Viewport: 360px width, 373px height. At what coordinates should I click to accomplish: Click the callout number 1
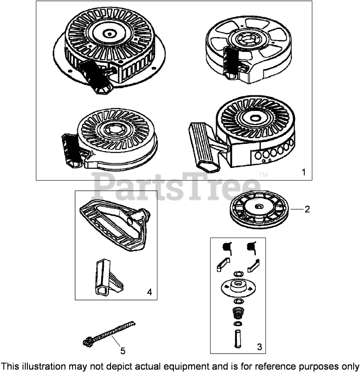(x=303, y=172)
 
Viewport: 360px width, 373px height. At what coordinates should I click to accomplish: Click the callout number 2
(x=307, y=209)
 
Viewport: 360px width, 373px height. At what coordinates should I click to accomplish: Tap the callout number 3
(x=260, y=347)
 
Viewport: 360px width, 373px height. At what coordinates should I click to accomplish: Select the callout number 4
(x=149, y=292)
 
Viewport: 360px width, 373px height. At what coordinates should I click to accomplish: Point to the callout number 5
(x=122, y=351)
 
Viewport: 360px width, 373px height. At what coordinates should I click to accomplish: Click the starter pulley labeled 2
(x=260, y=209)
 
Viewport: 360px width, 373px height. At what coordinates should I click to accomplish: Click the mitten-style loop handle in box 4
(x=115, y=225)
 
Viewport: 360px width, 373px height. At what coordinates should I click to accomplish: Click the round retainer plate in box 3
(x=238, y=287)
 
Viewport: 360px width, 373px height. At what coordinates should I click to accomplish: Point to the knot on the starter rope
(x=87, y=342)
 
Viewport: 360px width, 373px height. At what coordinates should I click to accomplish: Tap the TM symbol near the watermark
(x=263, y=175)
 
